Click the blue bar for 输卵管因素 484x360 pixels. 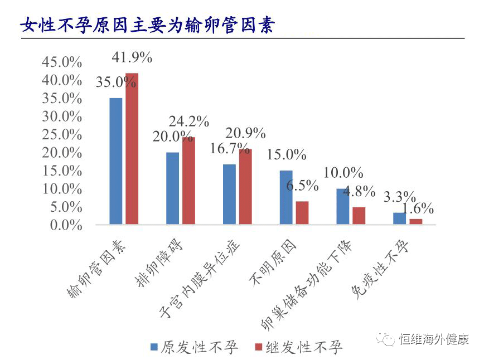pyautogui.click(x=115, y=161)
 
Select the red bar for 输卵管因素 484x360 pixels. pyautogui.click(x=132, y=149)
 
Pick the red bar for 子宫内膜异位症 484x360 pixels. pyautogui.click(x=245, y=187)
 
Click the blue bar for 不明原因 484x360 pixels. pyautogui.click(x=285, y=197)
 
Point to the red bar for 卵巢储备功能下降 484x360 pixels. pyautogui.click(x=359, y=216)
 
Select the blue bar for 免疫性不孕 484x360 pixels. pyautogui.click(x=399, y=218)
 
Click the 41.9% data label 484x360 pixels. pyautogui.click(x=132, y=57)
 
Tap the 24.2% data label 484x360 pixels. pyautogui.click(x=190, y=121)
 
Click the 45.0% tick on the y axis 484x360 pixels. pyautogui.click(x=62, y=62)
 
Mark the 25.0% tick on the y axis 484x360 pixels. pyautogui.click(x=62, y=135)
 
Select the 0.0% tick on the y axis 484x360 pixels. pyautogui.click(x=65, y=225)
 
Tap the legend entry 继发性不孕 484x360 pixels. pyautogui.click(x=304, y=348)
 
